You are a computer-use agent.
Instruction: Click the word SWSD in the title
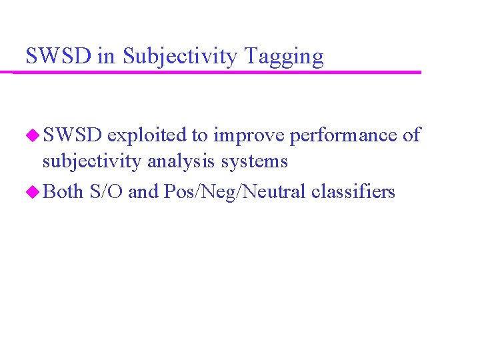coord(59,56)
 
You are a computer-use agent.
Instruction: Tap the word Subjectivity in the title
coord(180,57)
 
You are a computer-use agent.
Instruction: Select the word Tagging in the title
coord(285,57)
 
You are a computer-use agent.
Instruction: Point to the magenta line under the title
coord(220,72)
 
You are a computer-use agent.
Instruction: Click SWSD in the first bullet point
coord(72,135)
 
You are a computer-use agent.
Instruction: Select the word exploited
coord(147,135)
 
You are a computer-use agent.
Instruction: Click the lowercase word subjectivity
coord(91,161)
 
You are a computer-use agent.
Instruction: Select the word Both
coord(63,192)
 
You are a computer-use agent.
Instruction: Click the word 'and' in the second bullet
coord(142,192)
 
